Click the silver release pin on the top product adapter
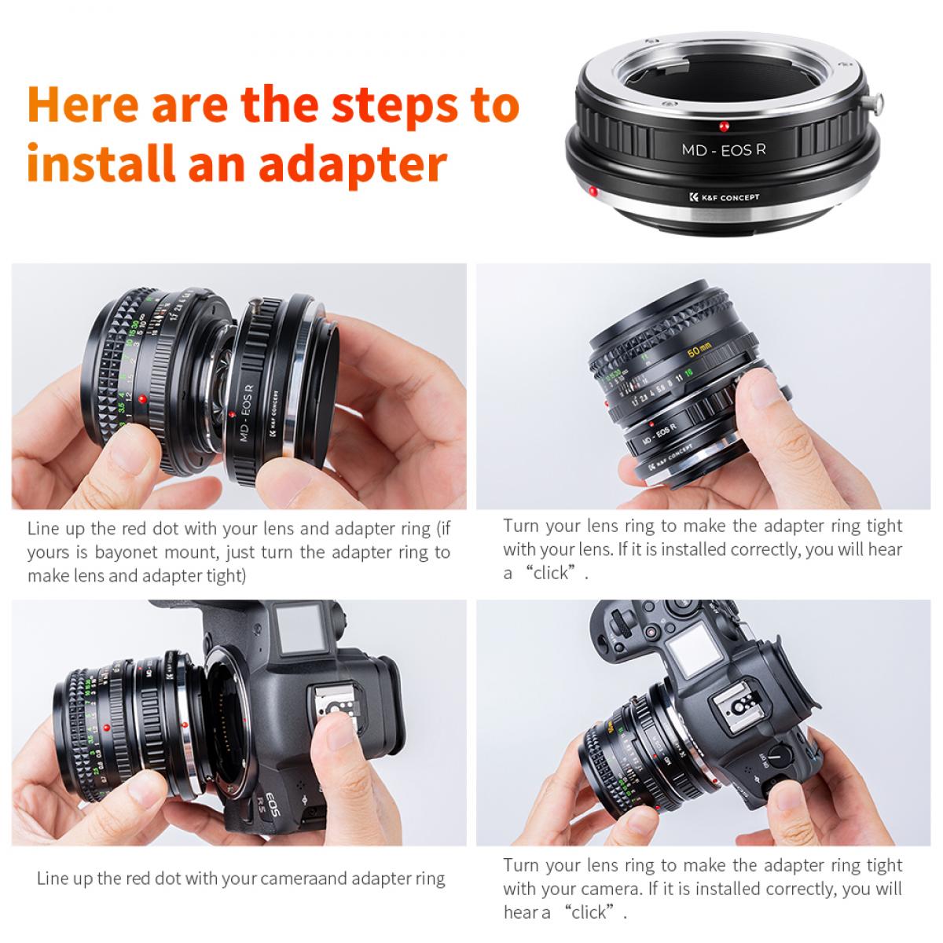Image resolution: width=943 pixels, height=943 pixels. click(x=877, y=101)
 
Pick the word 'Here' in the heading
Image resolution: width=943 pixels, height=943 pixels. click(x=82, y=105)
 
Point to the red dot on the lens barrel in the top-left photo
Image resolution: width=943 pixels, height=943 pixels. click(x=142, y=401)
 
